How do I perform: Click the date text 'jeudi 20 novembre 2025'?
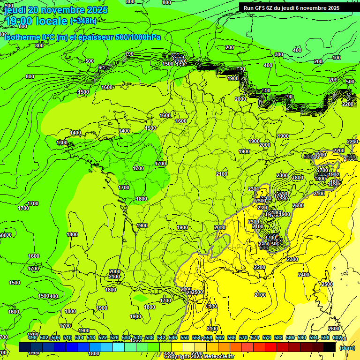tap(56, 10)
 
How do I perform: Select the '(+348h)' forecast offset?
tap(83, 21)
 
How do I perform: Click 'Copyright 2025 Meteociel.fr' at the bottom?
tap(199, 356)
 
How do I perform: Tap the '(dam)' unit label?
tap(346, 348)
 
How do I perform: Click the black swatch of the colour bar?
tap(329, 347)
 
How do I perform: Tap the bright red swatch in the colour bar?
tap(271, 347)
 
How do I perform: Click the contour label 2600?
tap(333, 329)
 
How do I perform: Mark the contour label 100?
tap(337, 58)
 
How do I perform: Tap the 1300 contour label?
tap(62, 142)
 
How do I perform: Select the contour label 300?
tap(279, 55)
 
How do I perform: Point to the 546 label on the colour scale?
tap(173, 337)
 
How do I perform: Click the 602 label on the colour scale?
tap(337, 337)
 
